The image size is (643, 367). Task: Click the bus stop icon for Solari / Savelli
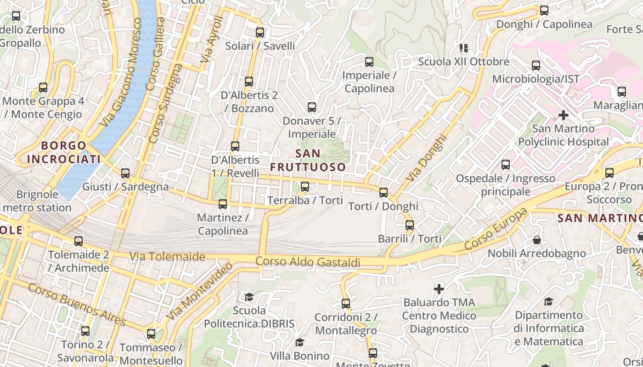(260, 33)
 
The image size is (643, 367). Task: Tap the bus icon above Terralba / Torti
(305, 187)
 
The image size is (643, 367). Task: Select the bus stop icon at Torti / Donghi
(384, 193)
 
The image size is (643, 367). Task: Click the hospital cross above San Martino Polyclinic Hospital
(564, 115)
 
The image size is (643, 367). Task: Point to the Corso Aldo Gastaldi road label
(308, 262)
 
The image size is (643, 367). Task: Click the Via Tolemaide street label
(167, 256)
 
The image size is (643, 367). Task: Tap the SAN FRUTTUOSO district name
(308, 160)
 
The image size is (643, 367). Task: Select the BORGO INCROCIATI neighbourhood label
(63, 152)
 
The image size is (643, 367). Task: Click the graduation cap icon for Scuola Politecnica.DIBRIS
(249, 297)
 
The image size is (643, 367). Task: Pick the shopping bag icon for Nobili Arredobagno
(536, 240)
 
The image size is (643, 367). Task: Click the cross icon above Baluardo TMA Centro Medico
(439, 289)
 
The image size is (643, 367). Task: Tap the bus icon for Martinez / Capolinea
(223, 204)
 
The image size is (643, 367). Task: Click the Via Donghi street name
(426, 157)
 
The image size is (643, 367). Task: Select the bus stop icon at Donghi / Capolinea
(544, 10)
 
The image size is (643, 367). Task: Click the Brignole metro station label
(37, 201)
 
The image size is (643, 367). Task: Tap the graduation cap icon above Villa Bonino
(299, 342)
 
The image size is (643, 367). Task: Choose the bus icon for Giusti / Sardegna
(125, 173)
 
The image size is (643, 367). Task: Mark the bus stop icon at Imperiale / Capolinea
(369, 62)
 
